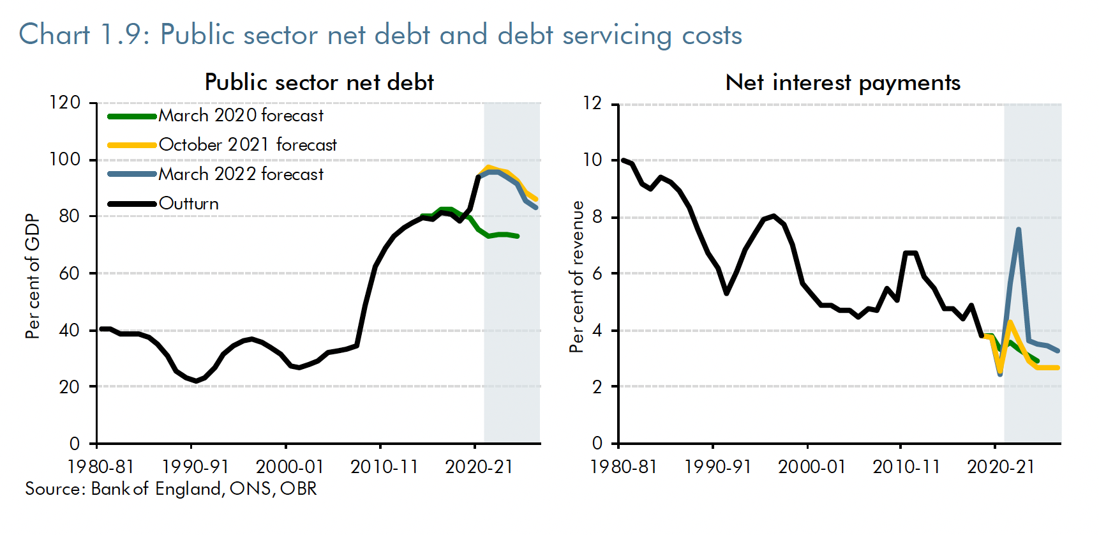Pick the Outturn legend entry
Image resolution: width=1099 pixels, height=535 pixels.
(188, 204)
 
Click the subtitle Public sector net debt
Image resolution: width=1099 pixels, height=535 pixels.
(319, 82)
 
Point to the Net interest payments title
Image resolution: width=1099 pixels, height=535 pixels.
(842, 82)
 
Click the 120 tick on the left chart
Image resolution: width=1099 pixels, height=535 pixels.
(64, 103)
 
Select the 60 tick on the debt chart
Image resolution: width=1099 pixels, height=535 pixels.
(69, 273)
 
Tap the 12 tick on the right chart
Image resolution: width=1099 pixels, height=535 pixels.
(592, 103)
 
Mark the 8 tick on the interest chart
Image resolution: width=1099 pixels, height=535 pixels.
(597, 217)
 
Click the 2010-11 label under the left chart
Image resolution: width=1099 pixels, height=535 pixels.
(384, 467)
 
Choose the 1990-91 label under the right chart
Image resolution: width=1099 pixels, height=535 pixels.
(717, 467)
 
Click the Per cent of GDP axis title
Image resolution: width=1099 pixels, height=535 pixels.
(33, 276)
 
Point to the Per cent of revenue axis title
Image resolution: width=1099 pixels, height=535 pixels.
(577, 276)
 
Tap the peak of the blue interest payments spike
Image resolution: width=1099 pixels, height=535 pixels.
(1018, 229)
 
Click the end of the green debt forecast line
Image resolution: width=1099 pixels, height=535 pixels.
(518, 236)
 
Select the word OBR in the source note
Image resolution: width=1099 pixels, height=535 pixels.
(298, 489)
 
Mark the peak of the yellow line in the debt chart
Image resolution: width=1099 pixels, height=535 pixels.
(488, 167)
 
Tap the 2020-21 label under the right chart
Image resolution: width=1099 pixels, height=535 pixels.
(1000, 467)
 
